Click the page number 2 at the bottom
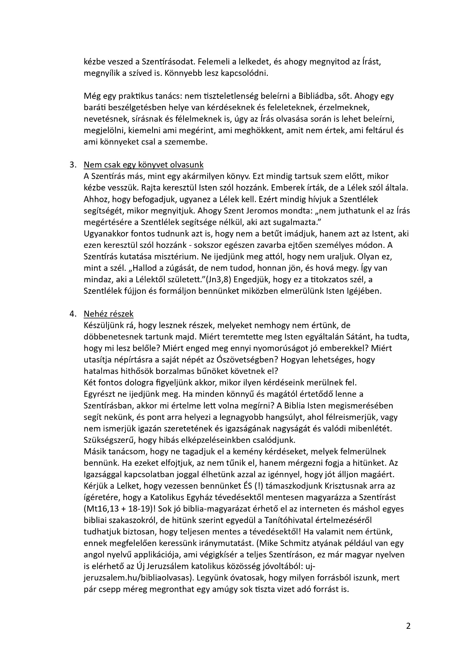[x=408, y=625]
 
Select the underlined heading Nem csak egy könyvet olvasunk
[x=144, y=165]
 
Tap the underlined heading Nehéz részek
[x=109, y=314]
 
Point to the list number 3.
[x=72, y=165]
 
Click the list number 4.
[x=72, y=314]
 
